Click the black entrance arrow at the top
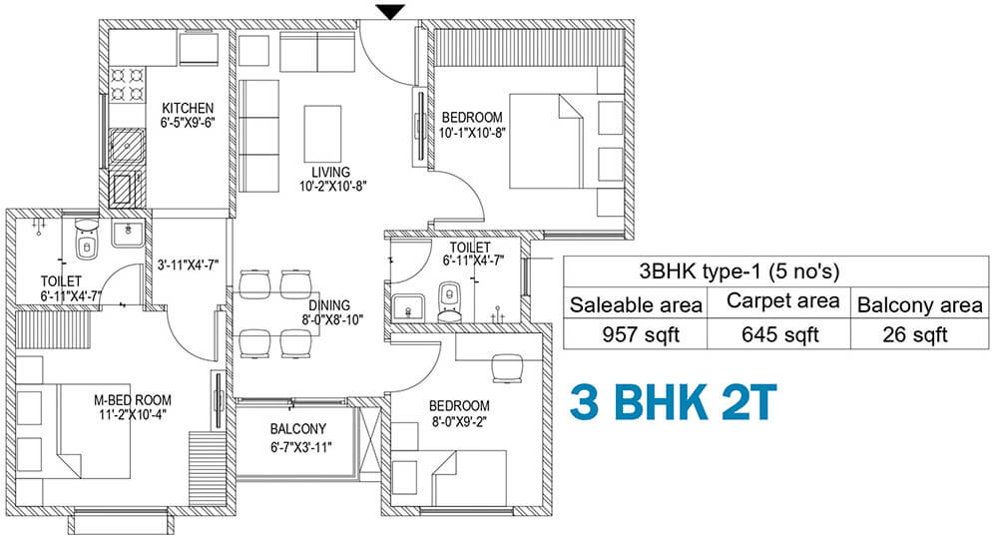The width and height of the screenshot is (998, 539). (389, 11)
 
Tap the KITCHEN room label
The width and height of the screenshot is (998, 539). (188, 108)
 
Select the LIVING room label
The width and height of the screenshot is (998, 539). (330, 172)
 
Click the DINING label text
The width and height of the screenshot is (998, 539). (329, 305)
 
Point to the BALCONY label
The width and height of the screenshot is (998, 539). (297, 429)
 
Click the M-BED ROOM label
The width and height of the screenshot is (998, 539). (133, 400)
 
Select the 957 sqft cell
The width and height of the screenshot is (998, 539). (641, 334)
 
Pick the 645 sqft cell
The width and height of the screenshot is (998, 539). (779, 334)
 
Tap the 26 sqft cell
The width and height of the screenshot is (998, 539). (915, 334)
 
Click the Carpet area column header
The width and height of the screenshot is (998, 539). (782, 301)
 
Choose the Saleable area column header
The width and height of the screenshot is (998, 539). (636, 304)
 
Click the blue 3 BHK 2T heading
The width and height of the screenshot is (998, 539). (674, 402)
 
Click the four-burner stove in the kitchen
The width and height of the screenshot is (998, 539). (127, 85)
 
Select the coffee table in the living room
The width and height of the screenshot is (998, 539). (322, 135)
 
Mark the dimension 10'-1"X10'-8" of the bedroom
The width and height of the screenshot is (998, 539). (472, 133)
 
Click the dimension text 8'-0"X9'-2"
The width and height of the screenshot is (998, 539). (459, 420)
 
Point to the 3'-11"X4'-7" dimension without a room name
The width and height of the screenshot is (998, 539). (188, 265)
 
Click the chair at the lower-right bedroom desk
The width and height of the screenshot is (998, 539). (507, 368)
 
